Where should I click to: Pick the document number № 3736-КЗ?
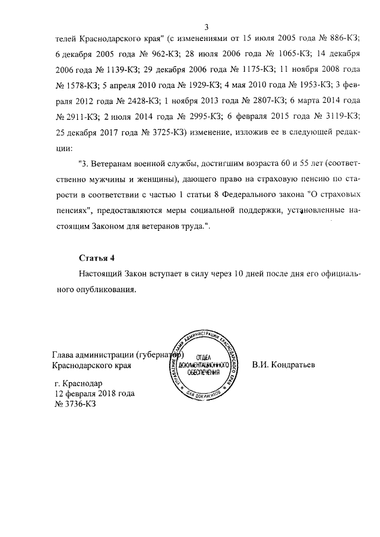point(75,404)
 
